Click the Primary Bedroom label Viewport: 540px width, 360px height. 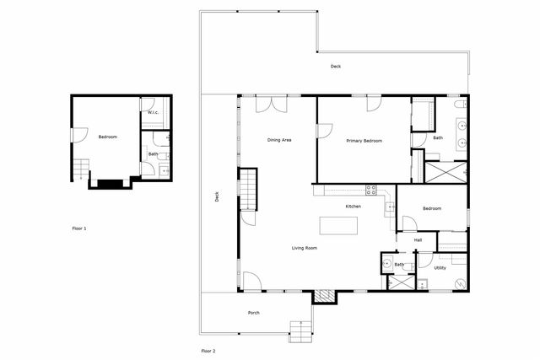pos(364,141)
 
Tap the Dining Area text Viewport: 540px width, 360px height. pos(279,139)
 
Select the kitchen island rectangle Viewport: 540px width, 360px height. pos(337,226)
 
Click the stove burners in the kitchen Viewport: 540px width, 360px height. pos(370,189)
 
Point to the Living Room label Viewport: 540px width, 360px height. pos(304,248)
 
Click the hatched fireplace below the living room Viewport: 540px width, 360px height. pos(324,296)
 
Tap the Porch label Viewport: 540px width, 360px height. pos(253,314)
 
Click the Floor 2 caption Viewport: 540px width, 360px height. pos(208,349)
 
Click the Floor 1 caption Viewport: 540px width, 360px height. pos(78,228)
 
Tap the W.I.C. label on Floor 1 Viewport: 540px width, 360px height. pos(154,112)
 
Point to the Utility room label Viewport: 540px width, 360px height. pos(440,268)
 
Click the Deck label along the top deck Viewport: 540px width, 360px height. pos(335,66)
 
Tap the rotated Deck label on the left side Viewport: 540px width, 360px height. pos(217,197)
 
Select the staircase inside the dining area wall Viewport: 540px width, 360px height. pos(247,190)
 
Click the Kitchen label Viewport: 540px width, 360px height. pos(354,207)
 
